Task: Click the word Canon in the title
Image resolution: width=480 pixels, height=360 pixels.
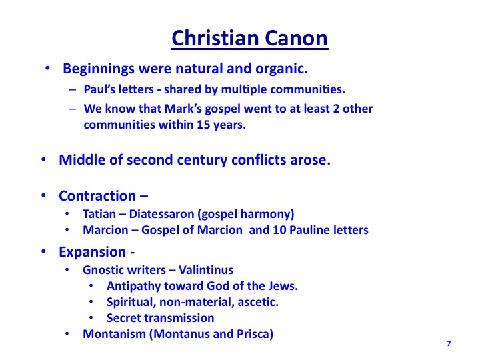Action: [x=296, y=38]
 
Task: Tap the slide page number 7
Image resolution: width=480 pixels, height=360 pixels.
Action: [x=449, y=343]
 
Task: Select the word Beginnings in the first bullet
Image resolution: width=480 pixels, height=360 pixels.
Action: [x=99, y=69]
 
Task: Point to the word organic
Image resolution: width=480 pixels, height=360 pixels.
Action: [x=281, y=69]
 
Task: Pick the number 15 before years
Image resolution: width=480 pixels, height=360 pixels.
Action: [x=203, y=125]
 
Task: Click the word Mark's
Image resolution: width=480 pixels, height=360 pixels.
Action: [x=183, y=109]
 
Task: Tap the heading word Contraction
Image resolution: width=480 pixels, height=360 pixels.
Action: [x=97, y=196]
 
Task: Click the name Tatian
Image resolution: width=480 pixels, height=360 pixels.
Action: [x=99, y=214]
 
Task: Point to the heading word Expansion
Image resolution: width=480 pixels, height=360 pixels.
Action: [x=92, y=252]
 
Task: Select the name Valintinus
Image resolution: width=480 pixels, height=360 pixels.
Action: [x=206, y=270]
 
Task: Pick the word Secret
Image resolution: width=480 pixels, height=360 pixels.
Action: [x=122, y=318]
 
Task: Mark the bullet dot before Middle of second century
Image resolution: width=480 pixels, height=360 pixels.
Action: [x=43, y=159]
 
